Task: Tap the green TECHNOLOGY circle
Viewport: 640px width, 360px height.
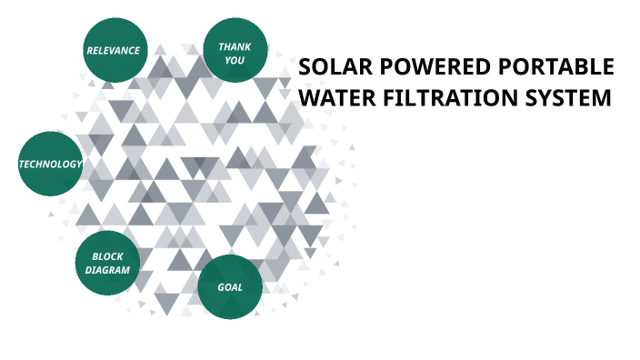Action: [51, 165]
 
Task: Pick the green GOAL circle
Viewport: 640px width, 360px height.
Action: [230, 287]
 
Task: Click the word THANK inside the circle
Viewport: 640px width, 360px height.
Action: [235, 46]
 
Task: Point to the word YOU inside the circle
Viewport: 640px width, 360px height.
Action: [235, 61]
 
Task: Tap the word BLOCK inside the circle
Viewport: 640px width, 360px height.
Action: [107, 256]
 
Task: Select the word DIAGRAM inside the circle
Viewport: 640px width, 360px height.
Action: [107, 270]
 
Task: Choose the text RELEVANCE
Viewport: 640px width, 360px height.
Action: [113, 50]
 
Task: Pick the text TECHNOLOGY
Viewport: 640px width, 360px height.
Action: [51, 165]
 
